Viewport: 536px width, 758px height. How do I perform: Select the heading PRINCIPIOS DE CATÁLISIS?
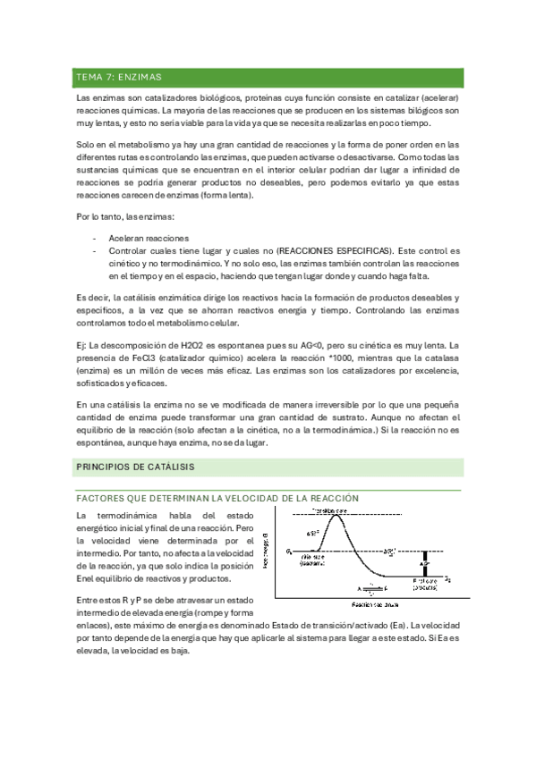click(135, 467)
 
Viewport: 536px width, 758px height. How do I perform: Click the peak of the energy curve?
click(337, 516)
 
